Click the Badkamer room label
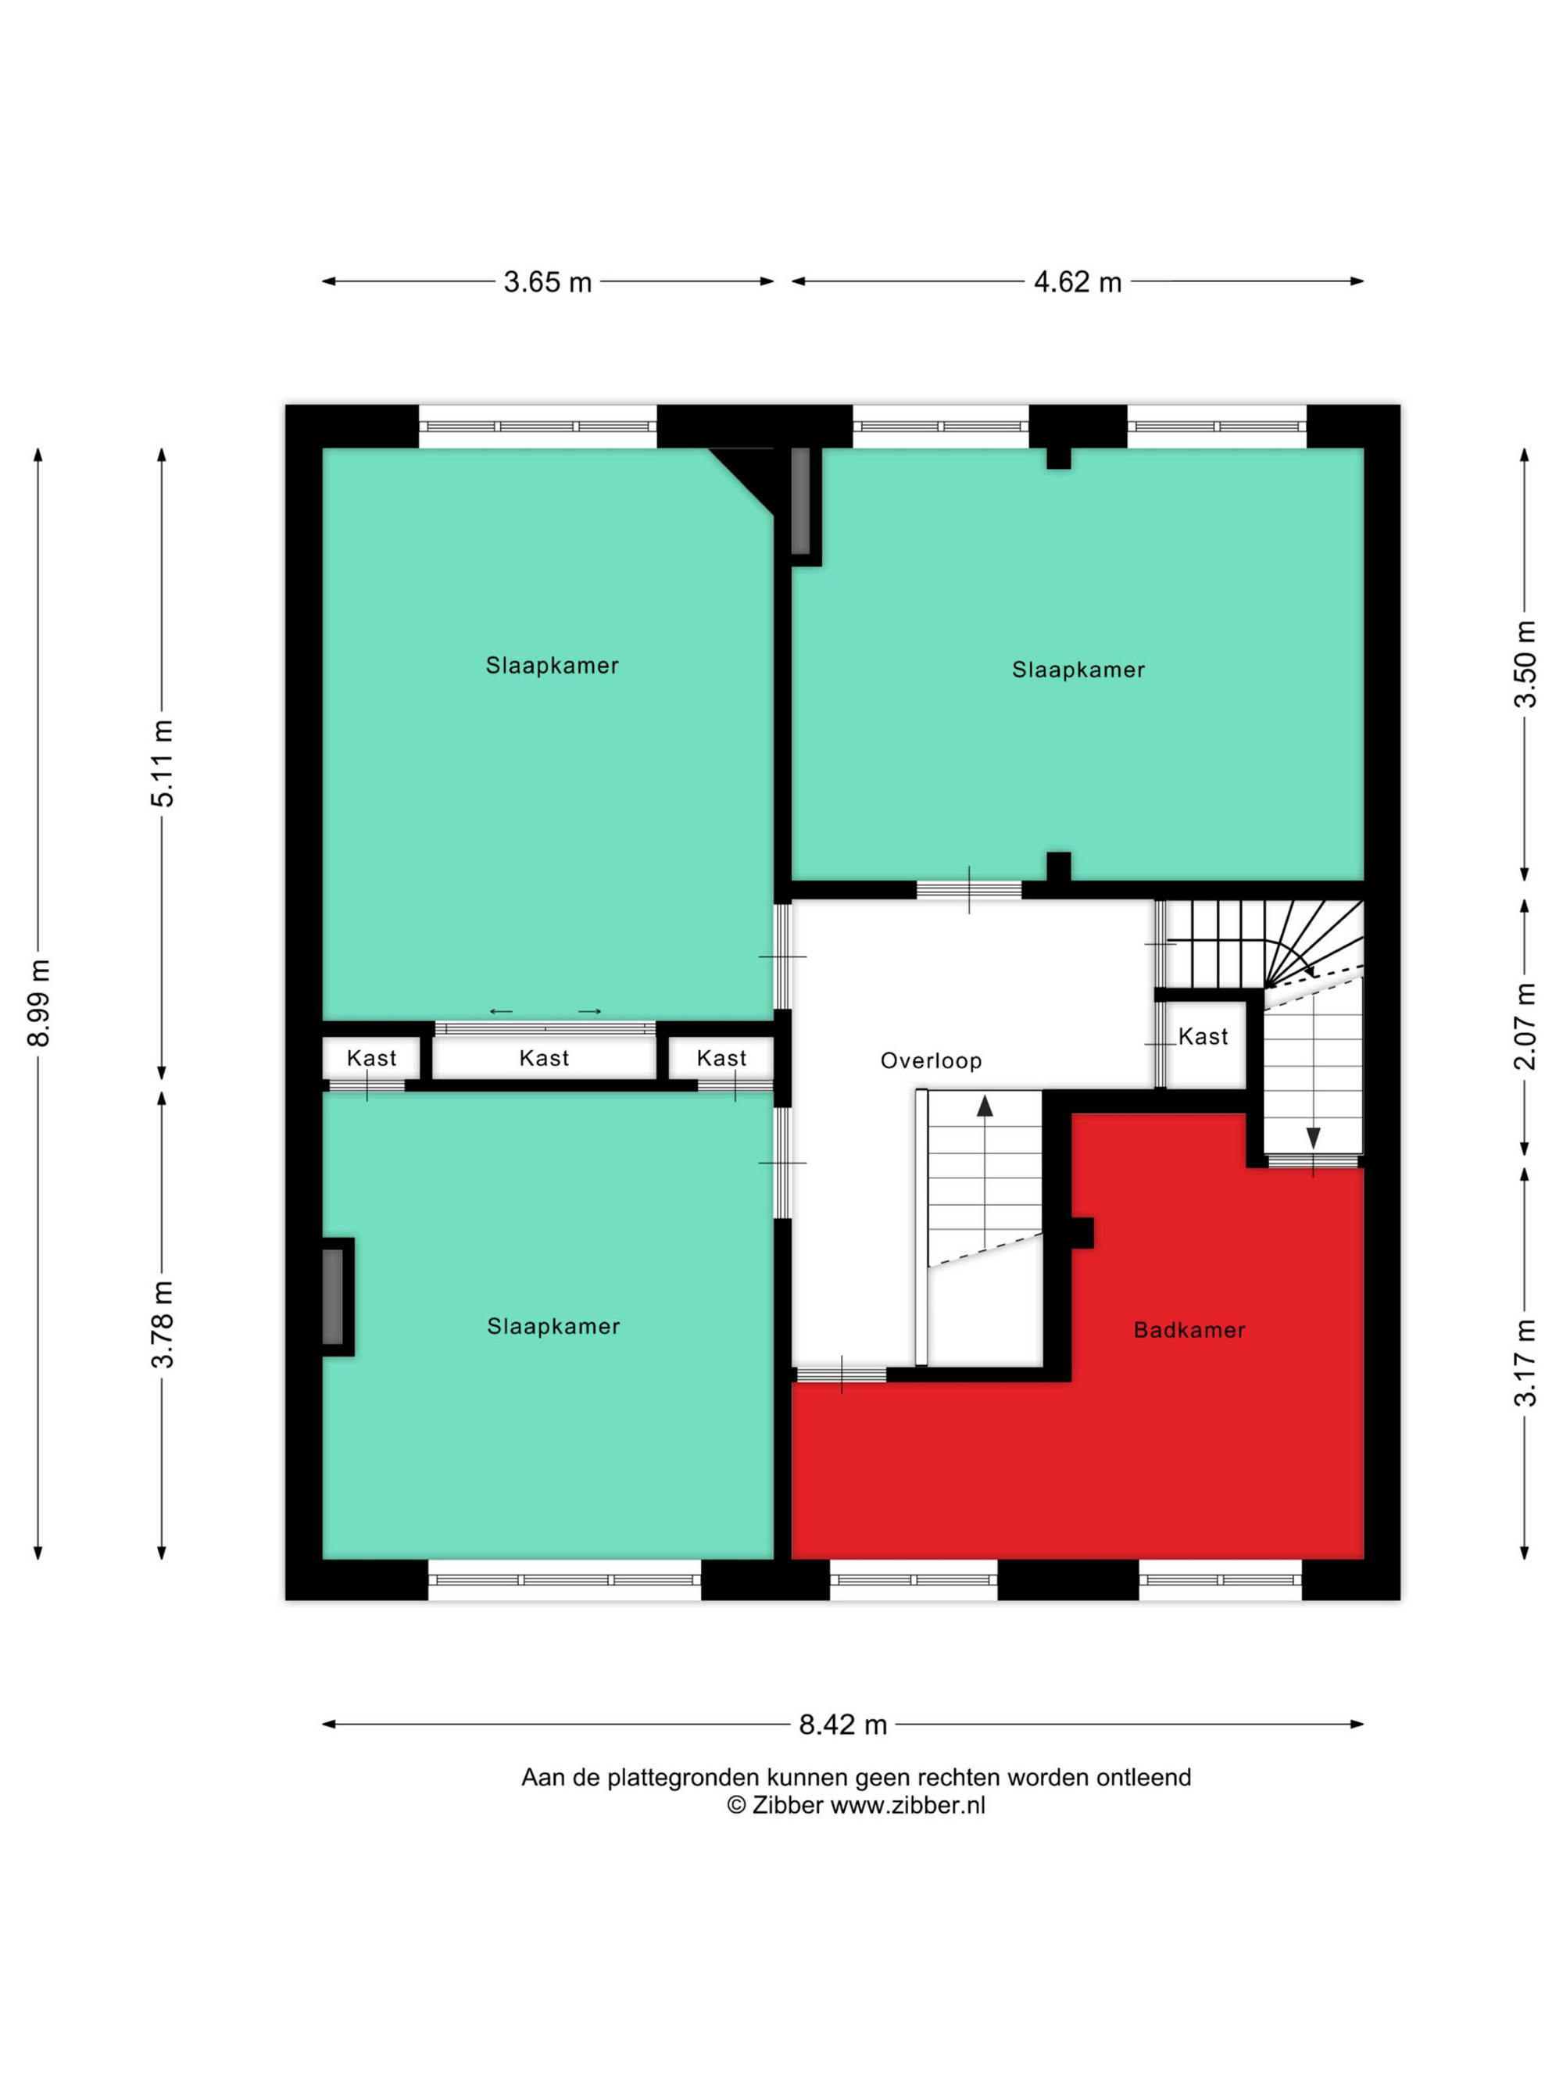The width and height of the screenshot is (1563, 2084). (1189, 1329)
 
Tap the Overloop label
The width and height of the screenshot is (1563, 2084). (931, 1061)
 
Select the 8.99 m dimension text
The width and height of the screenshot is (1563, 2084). (38, 1003)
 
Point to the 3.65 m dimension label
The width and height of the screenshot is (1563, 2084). (547, 282)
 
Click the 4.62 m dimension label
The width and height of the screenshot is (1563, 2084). (1078, 282)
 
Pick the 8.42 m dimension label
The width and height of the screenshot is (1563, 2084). (843, 1724)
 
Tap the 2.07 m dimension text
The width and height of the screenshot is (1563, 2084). (1525, 1026)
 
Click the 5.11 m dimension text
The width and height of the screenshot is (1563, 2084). (162, 763)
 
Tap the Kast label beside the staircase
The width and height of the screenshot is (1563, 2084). (1203, 1036)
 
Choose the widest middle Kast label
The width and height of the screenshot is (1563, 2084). (544, 1058)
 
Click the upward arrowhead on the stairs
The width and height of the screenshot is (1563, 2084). (985, 1105)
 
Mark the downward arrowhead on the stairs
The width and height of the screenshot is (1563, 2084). (1312, 1138)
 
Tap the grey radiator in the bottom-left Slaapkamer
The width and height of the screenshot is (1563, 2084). (333, 1296)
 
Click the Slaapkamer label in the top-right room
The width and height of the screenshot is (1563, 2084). (1078, 670)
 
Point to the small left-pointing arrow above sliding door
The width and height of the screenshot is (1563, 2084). (501, 1012)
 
